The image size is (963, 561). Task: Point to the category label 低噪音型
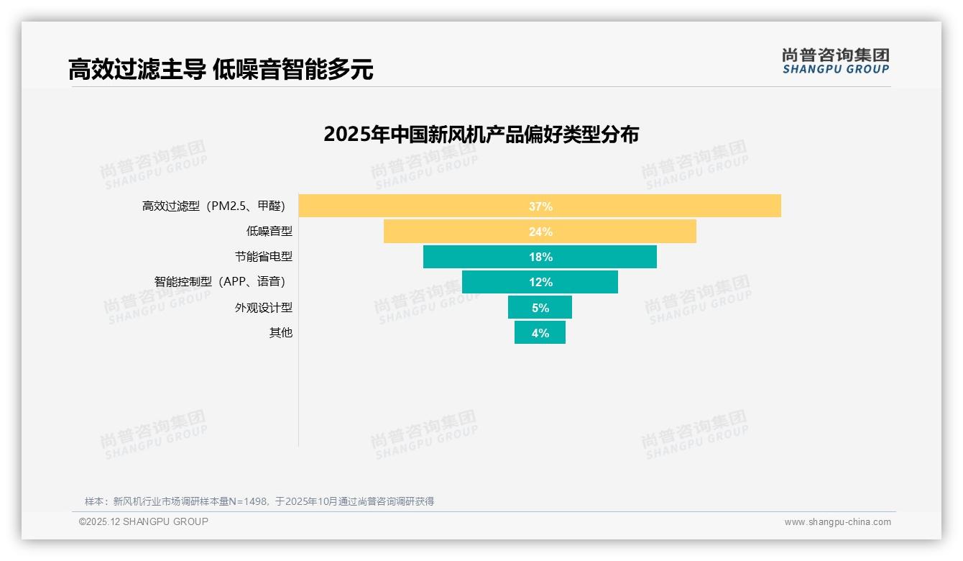[x=269, y=232]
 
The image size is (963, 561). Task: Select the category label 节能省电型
[x=264, y=257]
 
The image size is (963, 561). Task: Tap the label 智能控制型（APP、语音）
[x=223, y=282]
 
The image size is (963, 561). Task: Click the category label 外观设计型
[x=264, y=308]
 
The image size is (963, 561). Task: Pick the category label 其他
[x=281, y=333]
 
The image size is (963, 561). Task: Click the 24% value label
[x=540, y=232]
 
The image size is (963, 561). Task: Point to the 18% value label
[x=540, y=257]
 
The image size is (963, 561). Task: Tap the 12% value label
[x=540, y=282]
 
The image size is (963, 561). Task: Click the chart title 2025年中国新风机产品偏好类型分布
[x=481, y=134]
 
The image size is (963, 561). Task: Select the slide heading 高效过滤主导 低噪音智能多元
[x=221, y=70]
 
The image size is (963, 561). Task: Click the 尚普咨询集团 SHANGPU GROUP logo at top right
[x=836, y=61]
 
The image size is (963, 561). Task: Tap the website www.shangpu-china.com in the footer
[x=837, y=522]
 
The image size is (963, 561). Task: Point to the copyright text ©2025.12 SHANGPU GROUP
[x=144, y=521]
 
